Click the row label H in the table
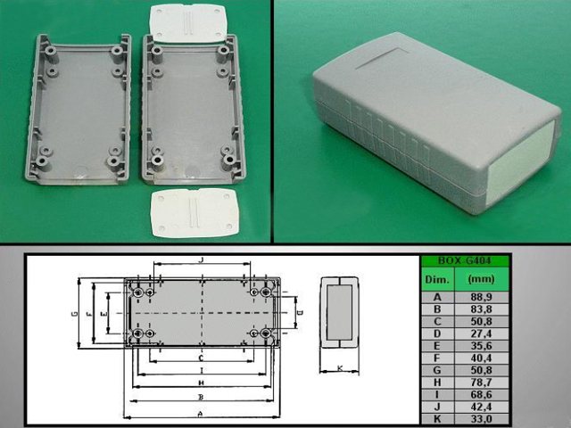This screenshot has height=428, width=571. click(x=437, y=382)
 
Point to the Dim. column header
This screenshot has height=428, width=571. click(x=437, y=278)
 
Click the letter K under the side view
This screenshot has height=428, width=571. click(x=340, y=367)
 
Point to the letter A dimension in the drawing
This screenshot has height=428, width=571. click(x=201, y=415)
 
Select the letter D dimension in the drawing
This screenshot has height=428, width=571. click(x=300, y=314)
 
